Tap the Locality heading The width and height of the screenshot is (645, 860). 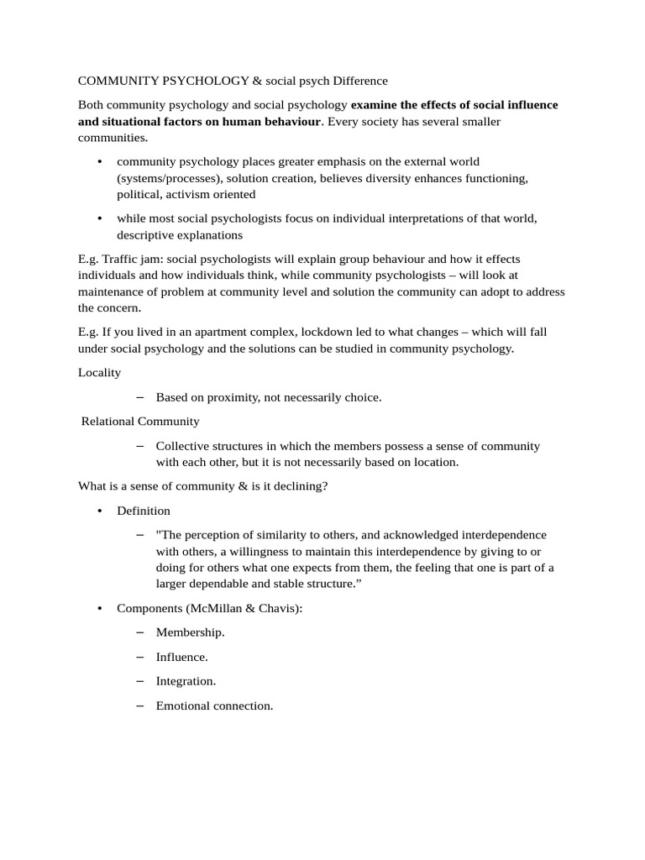[100, 372]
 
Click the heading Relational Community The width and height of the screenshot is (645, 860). [140, 421]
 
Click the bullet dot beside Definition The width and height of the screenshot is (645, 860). [99, 511]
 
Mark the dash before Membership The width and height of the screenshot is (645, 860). [139, 632]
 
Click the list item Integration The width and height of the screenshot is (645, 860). [186, 681]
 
